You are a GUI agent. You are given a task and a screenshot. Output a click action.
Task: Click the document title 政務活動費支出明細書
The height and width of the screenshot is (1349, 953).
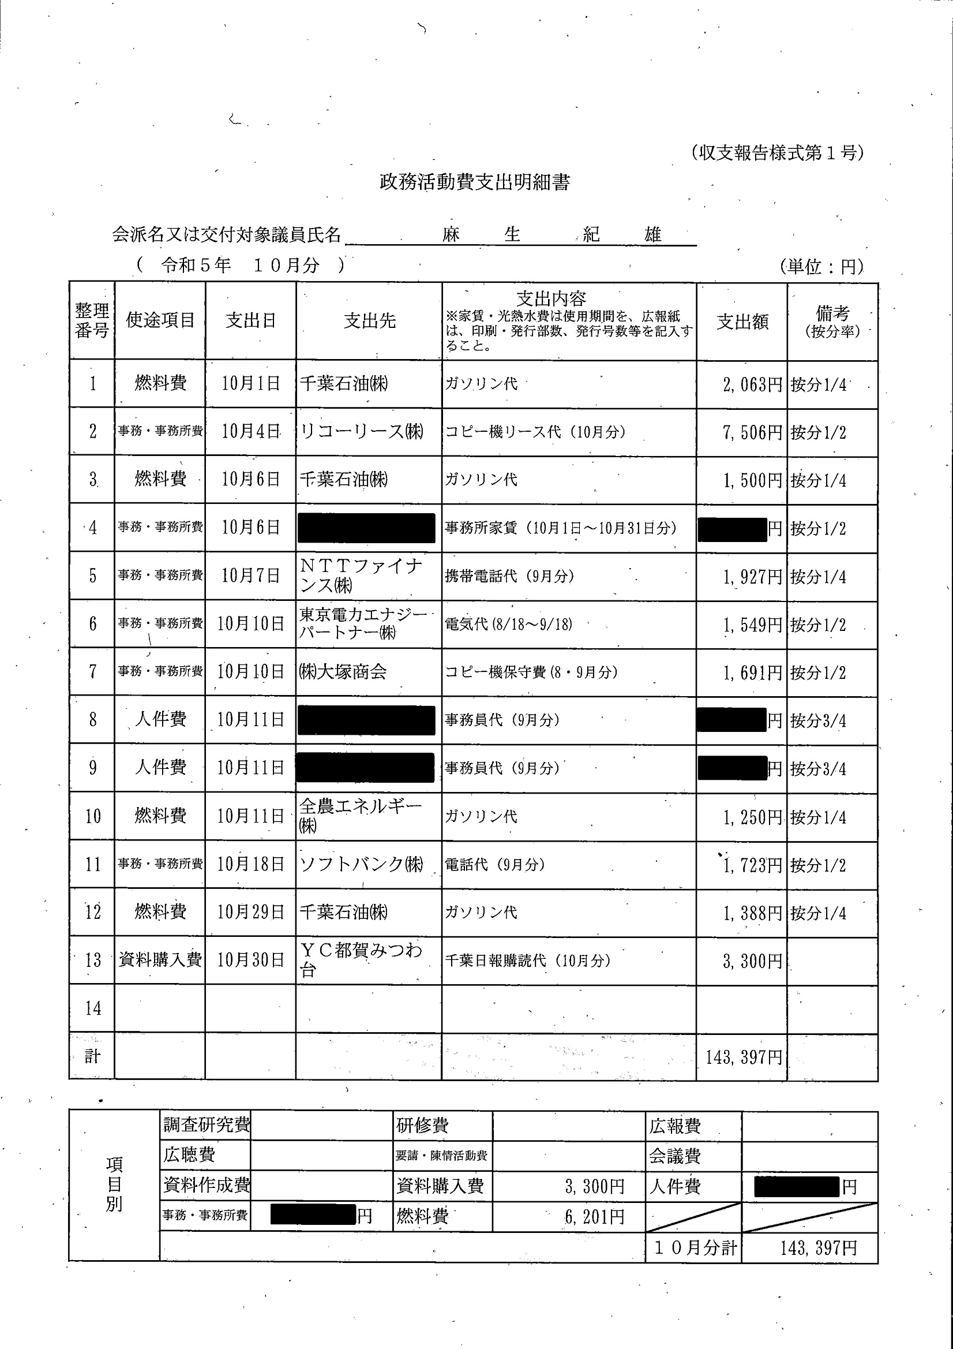[x=474, y=183]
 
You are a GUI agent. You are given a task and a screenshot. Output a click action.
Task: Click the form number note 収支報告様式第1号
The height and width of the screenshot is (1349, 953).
[x=777, y=153]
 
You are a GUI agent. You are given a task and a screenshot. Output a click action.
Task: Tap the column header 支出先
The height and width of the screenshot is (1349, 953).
[x=369, y=321]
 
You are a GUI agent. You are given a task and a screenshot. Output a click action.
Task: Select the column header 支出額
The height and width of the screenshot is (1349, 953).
[x=742, y=322]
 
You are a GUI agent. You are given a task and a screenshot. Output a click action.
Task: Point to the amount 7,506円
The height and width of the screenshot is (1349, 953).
[x=752, y=433]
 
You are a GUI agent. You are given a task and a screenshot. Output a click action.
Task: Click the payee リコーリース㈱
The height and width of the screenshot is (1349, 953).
[x=362, y=431]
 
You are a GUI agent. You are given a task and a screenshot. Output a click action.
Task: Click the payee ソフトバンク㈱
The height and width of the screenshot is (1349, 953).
[x=362, y=864]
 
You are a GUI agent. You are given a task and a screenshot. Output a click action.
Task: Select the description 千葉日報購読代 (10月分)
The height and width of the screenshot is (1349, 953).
[x=527, y=961]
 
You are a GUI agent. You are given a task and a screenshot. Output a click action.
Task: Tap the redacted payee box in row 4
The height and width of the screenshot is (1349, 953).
[x=366, y=528]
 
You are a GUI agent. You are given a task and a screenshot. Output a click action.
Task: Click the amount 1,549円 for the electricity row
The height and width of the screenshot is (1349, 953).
[x=752, y=625]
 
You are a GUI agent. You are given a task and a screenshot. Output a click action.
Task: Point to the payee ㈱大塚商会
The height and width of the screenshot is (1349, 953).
[x=343, y=671]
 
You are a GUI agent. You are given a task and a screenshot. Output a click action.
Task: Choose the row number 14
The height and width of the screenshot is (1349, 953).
[x=93, y=1009]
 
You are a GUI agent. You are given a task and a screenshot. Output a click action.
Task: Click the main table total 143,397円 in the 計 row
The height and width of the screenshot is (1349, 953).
[x=744, y=1057]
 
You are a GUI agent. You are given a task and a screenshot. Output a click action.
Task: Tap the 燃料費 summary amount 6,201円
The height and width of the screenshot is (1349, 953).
[x=594, y=1216]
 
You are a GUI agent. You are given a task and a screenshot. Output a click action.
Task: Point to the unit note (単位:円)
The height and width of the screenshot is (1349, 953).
[x=822, y=267]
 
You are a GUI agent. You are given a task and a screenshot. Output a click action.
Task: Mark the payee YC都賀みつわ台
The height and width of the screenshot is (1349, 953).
[x=361, y=960]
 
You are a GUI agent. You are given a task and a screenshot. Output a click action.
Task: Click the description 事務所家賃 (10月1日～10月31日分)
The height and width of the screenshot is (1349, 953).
[x=560, y=528]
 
